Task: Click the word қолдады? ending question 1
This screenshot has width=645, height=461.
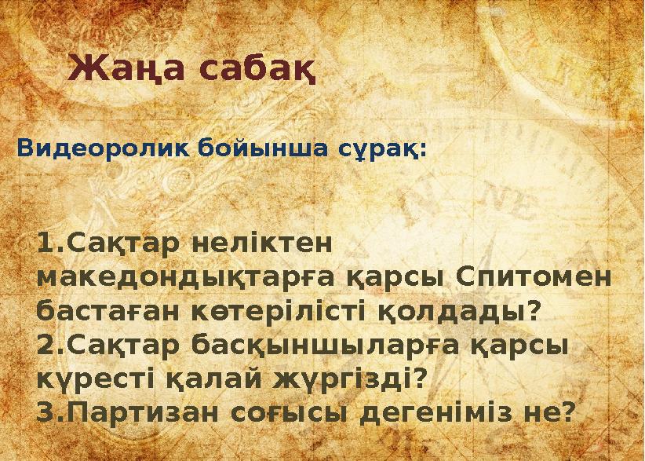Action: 461,311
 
